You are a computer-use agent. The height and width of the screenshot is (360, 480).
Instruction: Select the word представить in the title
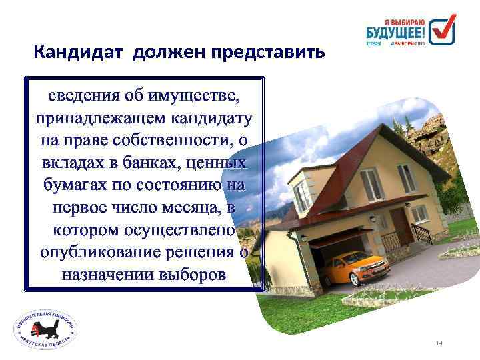click(267, 52)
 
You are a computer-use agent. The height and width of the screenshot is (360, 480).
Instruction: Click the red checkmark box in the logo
click(441, 30)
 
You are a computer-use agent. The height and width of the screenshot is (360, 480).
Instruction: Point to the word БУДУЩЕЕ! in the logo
click(395, 32)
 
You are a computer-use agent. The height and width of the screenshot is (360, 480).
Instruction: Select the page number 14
click(439, 343)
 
